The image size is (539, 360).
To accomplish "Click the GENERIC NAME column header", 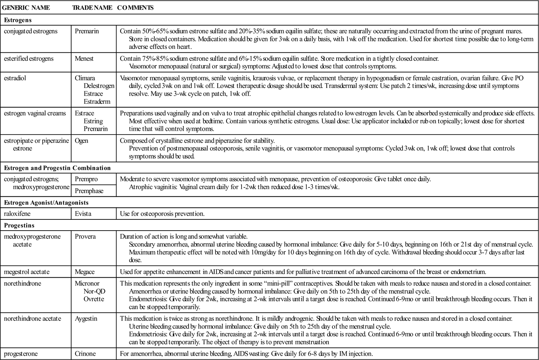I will pos(26,7).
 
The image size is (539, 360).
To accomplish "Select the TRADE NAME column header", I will pos(92,7).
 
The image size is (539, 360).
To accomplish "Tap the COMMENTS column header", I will pos(135,7).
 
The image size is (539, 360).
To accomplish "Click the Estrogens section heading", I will pos(18,20).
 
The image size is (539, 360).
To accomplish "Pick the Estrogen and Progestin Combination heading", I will pos(57,168).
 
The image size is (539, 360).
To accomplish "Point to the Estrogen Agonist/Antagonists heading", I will pos(46,203).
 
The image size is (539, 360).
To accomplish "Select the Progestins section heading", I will pos(19,226).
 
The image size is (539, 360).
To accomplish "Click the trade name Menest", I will pos(84,59).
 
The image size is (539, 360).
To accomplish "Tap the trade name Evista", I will pos(83,214).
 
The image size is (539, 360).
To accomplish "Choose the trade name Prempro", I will pos(86,179).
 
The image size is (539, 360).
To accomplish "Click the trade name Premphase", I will pos(89,191).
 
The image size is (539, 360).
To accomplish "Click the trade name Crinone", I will pos(85,354).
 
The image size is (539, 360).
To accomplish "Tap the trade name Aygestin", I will pos(86,319).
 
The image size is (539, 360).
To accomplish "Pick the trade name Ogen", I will pos(82,141).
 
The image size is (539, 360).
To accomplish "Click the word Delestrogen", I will pos(99,86).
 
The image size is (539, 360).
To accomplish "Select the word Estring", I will pos(93,121).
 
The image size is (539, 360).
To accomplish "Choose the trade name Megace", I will pos(85,272).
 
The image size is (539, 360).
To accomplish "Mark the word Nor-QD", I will pos(95,291).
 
